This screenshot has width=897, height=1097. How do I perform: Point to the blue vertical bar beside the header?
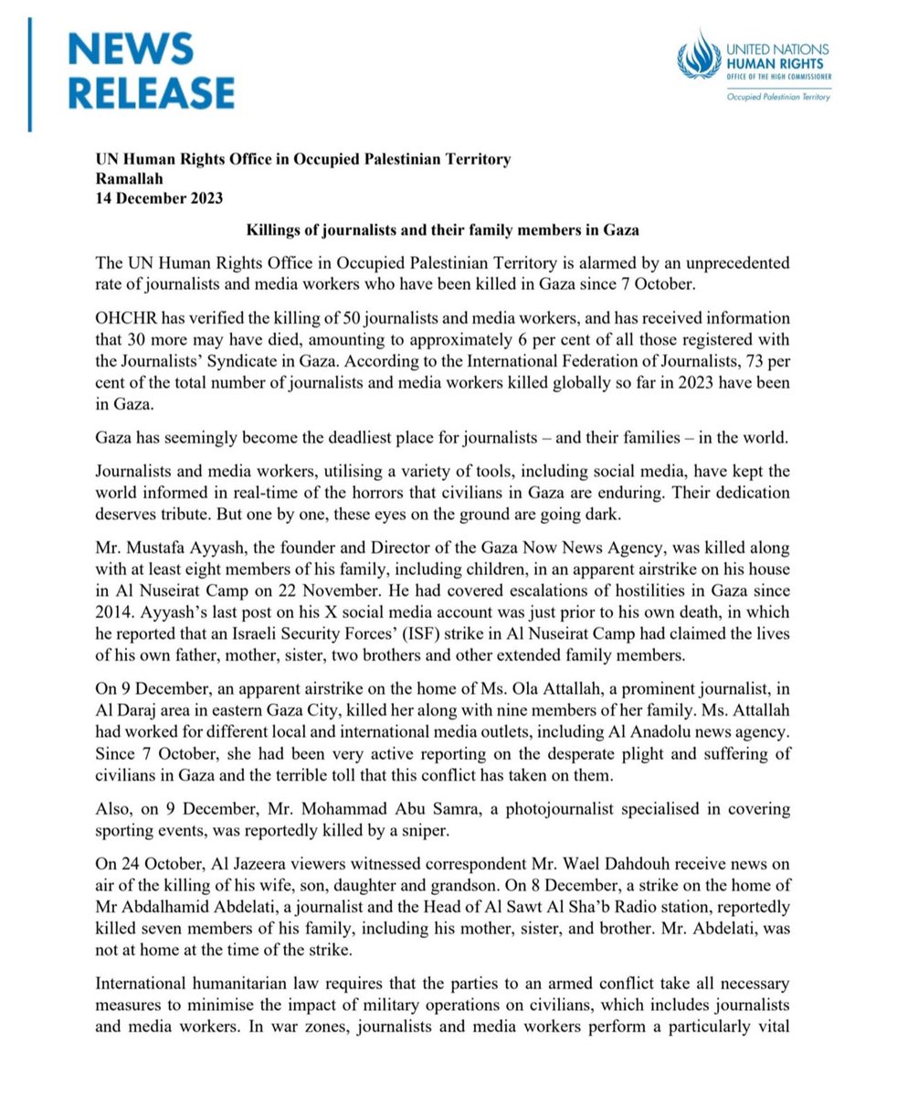tap(31, 73)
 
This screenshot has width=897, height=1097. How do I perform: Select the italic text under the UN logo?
tap(778, 97)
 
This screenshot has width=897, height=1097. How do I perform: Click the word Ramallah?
tap(129, 178)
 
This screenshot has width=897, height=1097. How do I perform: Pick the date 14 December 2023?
tap(159, 197)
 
